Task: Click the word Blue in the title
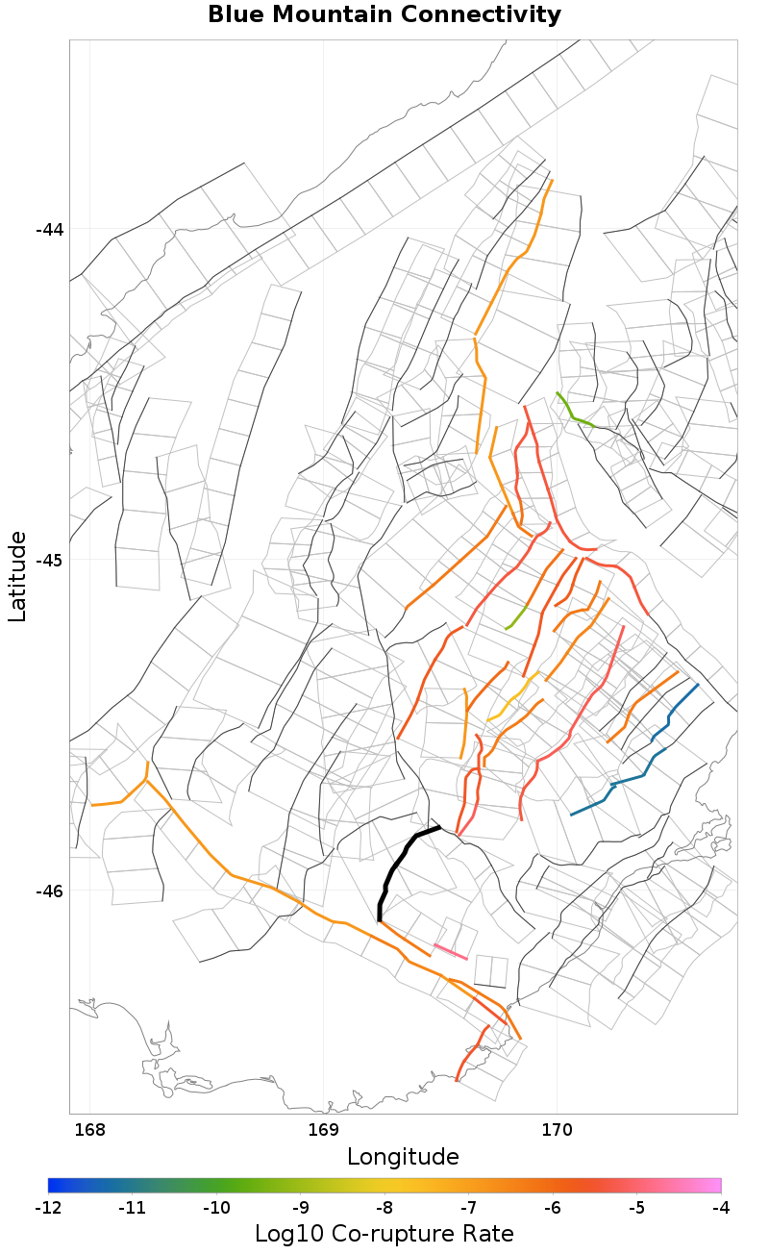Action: (236, 14)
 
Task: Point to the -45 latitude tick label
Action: (49, 560)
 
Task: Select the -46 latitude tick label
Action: (49, 891)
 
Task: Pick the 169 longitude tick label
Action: (323, 1127)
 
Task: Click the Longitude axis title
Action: (403, 1155)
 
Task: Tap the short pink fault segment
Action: (451, 952)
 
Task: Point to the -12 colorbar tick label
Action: (48, 1207)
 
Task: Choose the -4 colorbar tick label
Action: (721, 1207)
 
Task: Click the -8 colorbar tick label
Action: (384, 1207)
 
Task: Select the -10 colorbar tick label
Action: (216, 1207)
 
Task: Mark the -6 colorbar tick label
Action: (553, 1207)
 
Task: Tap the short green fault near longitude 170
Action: (575, 412)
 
